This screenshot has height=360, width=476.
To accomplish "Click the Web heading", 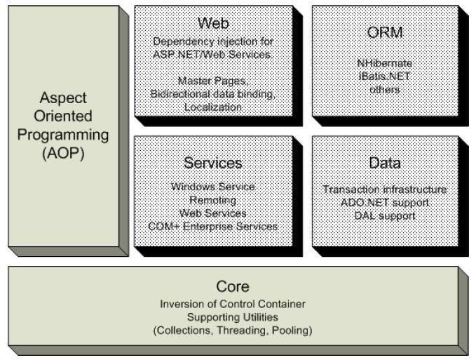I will [x=213, y=22].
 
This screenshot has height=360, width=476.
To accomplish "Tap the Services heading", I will [x=213, y=163].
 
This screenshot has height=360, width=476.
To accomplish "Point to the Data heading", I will [x=385, y=163].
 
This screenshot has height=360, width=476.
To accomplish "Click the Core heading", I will [x=233, y=287].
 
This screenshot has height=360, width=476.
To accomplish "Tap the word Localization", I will [x=213, y=107].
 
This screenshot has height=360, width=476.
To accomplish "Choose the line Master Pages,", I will [x=213, y=81].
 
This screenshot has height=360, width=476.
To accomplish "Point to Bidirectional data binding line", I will [x=213, y=94].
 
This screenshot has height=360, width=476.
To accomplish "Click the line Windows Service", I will [x=213, y=187].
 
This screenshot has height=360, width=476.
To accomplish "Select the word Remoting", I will [x=213, y=200].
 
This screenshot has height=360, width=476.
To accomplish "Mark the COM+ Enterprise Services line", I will [x=213, y=226].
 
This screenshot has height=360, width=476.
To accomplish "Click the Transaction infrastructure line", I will [x=385, y=189].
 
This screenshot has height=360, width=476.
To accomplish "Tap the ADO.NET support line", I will [x=385, y=203].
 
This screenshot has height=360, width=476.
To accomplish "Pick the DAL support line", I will [x=385, y=215].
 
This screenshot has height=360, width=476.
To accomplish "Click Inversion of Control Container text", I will [x=233, y=304].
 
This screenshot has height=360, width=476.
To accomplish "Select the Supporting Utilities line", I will [x=233, y=317].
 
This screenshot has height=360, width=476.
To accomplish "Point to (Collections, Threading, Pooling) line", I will [x=233, y=331].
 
